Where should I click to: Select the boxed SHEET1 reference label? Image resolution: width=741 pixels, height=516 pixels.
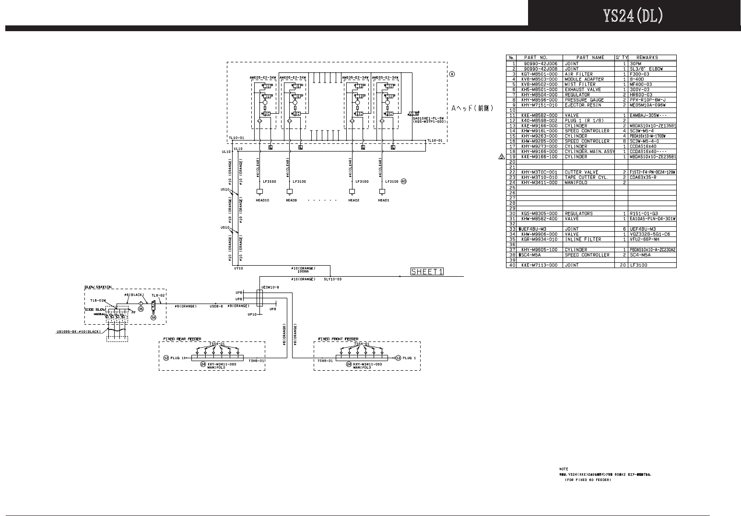click(x=427, y=272)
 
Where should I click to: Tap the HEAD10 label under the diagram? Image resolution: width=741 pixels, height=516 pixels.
click(x=262, y=200)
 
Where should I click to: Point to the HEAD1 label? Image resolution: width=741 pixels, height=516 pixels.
click(x=383, y=200)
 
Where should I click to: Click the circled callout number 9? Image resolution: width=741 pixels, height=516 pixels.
click(x=452, y=74)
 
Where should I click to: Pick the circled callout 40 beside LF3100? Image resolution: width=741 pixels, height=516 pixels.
click(x=403, y=181)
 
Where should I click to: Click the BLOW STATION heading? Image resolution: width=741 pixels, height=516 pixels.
click(x=98, y=287)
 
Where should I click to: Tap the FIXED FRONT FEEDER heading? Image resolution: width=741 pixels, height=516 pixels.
click(x=338, y=339)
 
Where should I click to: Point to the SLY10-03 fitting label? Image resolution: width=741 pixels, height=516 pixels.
click(x=332, y=279)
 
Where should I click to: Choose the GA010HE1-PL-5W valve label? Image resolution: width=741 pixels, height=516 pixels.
click(x=430, y=118)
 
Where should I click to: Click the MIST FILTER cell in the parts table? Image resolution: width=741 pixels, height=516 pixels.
click(x=580, y=84)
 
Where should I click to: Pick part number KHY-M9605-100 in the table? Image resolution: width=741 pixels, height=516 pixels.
click(x=540, y=250)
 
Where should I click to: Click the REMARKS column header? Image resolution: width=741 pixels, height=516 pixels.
click(x=647, y=58)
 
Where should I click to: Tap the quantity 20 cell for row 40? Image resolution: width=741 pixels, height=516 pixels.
click(x=623, y=265)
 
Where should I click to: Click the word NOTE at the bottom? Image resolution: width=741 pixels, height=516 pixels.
click(x=564, y=469)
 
